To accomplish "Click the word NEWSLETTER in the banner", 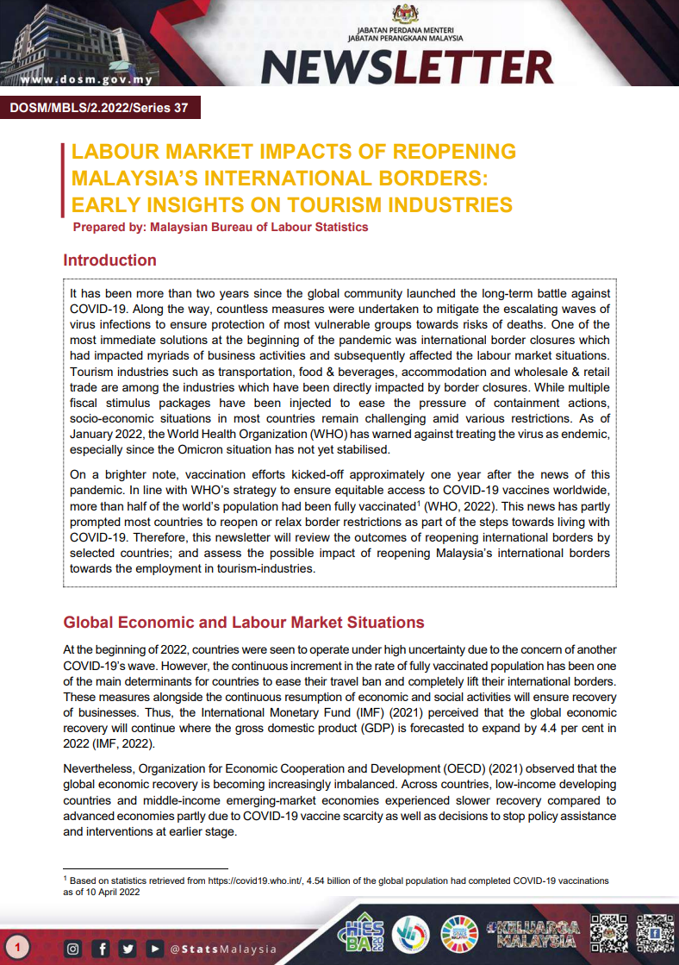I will coord(407,67).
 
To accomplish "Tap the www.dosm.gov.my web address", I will coord(86,80).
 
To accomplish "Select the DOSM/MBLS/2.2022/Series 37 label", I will coord(99,108).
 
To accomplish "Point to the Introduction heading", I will coord(110,260).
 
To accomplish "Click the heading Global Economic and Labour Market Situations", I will coord(244,623).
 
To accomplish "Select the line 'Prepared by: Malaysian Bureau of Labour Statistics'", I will coord(221,228).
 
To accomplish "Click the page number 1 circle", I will coord(16,949).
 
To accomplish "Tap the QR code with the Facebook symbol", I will coord(654,933).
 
